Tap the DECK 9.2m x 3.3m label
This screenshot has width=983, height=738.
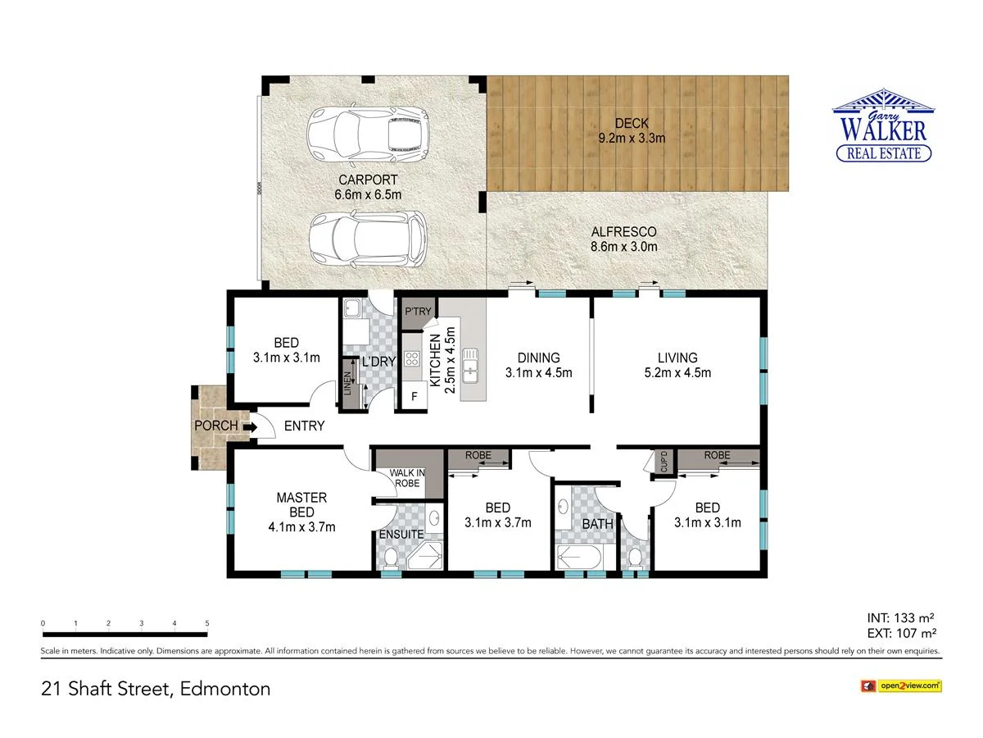pos(631,131)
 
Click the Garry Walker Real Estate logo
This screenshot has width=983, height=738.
pos(883,126)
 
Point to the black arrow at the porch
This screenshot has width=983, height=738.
pos(249,426)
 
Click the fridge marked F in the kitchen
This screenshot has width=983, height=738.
pos(414,397)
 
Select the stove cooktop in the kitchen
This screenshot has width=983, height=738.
pos(411,359)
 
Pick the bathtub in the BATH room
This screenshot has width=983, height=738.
pos(578,558)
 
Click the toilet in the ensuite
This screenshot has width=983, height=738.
pos(391,558)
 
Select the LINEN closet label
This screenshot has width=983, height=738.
pos(347,384)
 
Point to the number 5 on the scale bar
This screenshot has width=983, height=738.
pos(207,624)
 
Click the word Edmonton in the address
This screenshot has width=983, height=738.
pos(225,689)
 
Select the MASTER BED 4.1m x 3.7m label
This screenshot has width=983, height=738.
pos(301,512)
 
